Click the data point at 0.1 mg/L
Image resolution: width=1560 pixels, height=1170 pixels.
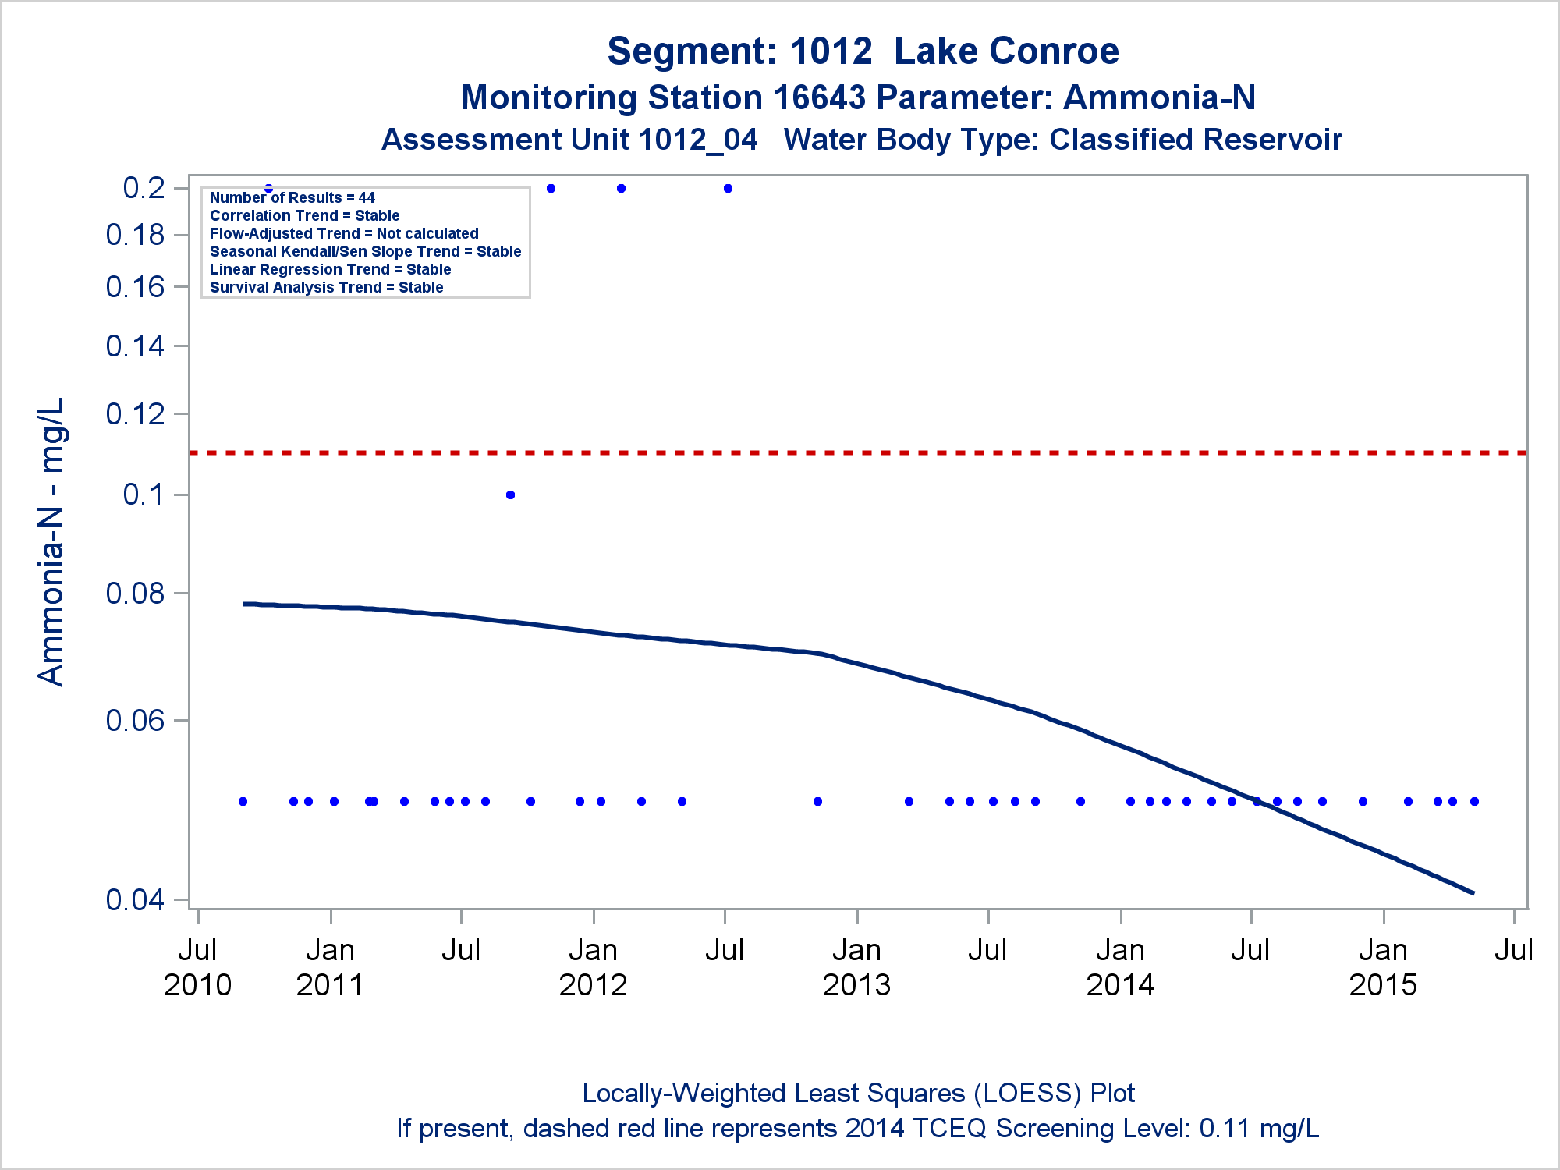click(510, 495)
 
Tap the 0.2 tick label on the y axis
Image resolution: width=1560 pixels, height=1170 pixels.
click(144, 188)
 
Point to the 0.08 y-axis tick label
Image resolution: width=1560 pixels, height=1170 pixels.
click(136, 593)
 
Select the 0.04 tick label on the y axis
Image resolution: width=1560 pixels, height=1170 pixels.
click(136, 899)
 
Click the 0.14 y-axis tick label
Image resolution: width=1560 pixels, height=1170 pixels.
click(136, 346)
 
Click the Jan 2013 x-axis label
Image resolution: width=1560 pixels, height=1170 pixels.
click(856, 967)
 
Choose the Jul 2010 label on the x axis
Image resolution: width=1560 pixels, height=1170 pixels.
click(197, 967)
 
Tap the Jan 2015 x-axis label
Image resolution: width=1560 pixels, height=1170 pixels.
click(1383, 967)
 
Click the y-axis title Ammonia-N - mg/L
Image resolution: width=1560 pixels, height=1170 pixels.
click(51, 542)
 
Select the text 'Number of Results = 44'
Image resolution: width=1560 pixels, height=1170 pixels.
click(292, 197)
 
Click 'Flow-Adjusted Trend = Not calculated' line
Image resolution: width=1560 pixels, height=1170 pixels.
click(344, 233)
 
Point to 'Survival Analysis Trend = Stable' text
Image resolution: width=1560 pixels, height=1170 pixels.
click(327, 287)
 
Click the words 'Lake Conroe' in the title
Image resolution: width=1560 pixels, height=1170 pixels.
click(1006, 51)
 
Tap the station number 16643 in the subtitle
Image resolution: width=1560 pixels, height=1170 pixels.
click(820, 97)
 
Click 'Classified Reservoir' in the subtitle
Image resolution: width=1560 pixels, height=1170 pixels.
click(1196, 140)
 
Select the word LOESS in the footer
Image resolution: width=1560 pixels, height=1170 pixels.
click(1027, 1094)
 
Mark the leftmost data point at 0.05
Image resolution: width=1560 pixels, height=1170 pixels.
click(243, 802)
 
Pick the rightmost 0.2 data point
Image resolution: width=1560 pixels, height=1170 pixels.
click(728, 188)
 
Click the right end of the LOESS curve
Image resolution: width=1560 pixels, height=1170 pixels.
click(1473, 893)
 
